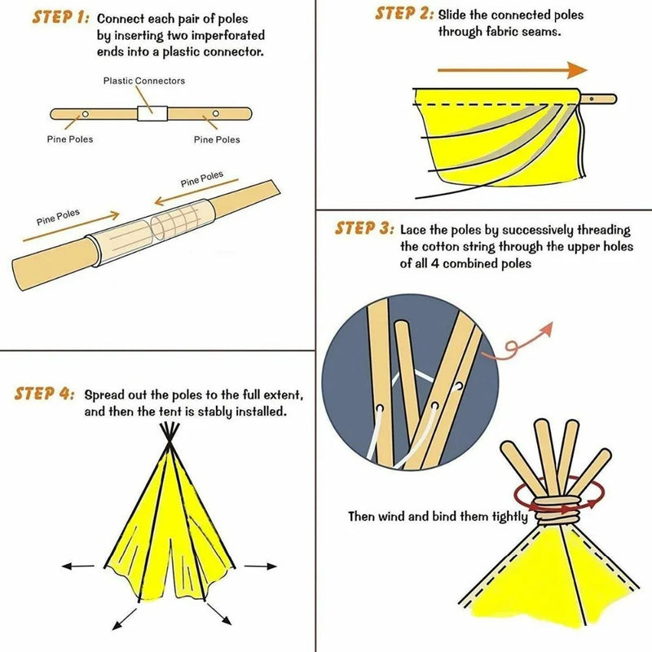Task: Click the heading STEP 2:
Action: point(403,14)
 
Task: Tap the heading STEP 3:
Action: point(364,228)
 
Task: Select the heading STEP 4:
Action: point(44,394)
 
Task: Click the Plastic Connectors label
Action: point(143,81)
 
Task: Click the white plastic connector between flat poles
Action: point(151,114)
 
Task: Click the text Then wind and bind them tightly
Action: point(438,517)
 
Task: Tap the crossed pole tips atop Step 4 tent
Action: point(169,440)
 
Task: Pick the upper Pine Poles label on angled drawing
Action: point(201,179)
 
